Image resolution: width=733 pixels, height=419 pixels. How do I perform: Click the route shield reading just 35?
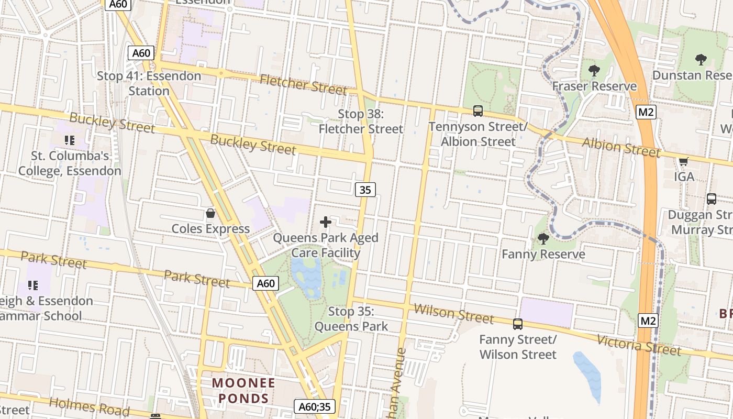click(x=365, y=190)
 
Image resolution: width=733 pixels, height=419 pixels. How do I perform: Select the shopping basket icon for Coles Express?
click(x=210, y=213)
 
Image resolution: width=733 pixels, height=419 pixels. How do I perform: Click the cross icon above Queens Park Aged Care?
click(x=326, y=222)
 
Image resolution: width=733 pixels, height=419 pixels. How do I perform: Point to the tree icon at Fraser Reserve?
click(x=594, y=70)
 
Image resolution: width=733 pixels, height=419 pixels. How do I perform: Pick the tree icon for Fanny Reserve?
click(x=543, y=239)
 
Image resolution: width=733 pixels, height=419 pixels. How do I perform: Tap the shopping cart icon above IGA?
click(x=683, y=161)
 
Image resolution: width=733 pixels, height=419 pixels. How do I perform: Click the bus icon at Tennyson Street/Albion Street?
click(x=478, y=111)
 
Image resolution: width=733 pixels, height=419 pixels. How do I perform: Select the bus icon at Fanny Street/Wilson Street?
click(x=518, y=324)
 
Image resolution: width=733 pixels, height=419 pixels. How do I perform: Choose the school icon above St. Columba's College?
click(x=69, y=140)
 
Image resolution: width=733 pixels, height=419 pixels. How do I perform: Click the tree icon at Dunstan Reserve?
click(x=701, y=59)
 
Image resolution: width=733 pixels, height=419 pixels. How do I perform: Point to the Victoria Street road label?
click(x=639, y=345)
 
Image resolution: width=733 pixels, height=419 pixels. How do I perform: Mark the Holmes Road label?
click(x=89, y=406)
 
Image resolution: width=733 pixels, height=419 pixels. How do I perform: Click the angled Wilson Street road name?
click(x=453, y=313)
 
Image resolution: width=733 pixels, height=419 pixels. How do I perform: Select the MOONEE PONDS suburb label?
click(x=243, y=390)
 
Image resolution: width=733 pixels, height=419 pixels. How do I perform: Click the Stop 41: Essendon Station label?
click(x=149, y=83)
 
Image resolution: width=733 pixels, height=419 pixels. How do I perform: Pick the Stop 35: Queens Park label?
click(x=351, y=319)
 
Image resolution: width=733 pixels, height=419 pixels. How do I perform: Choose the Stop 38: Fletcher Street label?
click(x=361, y=122)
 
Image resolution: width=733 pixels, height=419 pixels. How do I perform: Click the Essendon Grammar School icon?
click(x=34, y=285)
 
